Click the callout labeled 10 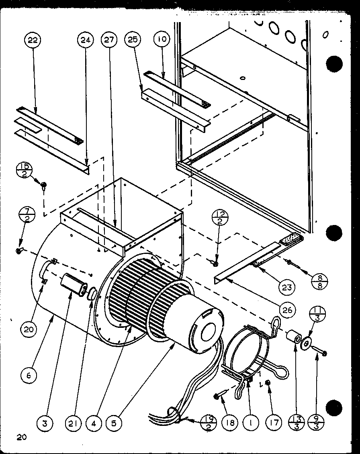tap(162, 40)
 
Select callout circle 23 tap(288, 287)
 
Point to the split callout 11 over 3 tap(317, 315)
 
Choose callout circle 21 tap(75, 423)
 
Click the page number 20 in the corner tap(21, 437)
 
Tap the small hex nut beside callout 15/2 tap(44, 185)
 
